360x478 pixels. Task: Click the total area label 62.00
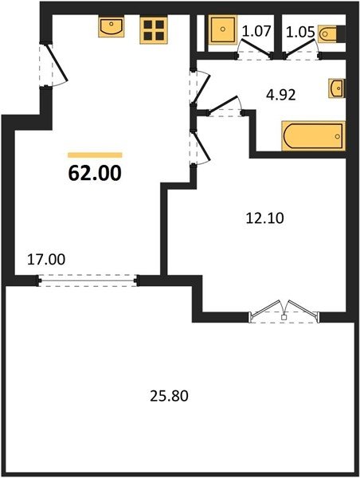(95, 173)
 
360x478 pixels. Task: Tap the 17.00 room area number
(46, 260)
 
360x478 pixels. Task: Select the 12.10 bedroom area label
(264, 218)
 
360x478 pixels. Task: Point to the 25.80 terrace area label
(169, 396)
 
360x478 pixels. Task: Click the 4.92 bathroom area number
(280, 96)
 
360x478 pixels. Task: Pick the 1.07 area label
(256, 31)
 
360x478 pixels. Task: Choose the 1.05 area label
(300, 33)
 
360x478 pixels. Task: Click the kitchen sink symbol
(112, 27)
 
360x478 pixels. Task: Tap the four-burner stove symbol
(154, 30)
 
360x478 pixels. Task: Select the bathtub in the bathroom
(314, 136)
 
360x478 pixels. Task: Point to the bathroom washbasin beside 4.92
(337, 88)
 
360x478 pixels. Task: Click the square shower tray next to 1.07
(223, 30)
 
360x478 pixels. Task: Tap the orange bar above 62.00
(95, 155)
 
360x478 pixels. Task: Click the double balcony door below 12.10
(284, 311)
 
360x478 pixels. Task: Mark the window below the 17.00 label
(88, 280)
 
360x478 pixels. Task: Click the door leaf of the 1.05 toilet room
(301, 47)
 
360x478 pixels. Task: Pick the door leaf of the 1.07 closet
(255, 48)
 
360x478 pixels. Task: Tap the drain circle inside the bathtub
(337, 136)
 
